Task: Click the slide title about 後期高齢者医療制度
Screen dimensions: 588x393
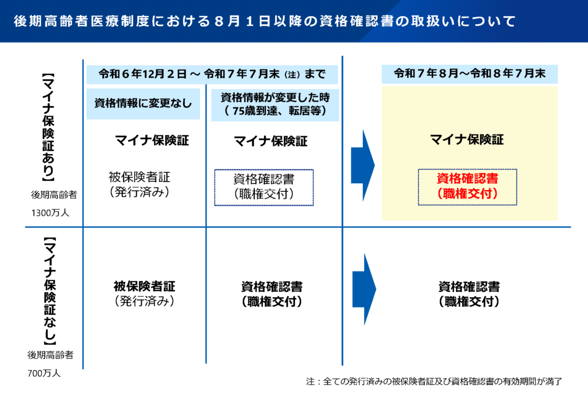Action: coord(265,21)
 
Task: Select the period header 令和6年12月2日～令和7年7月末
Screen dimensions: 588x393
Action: coord(212,74)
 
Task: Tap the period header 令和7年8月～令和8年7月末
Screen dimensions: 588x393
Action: coord(470,74)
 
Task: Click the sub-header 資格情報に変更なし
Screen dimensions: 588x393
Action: coord(143,103)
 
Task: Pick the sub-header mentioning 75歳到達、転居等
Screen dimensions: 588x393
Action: coord(275,105)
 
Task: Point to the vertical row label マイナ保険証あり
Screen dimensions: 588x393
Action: coord(48,127)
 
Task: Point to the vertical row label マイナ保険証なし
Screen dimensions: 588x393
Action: coord(49,291)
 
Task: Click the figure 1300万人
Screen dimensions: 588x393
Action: coord(51,213)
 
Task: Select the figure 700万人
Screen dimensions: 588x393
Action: coord(44,373)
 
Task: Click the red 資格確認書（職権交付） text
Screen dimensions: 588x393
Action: coord(467,186)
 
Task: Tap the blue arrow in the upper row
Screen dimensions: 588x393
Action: coord(363,165)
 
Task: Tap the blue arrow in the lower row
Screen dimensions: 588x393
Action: coord(363,289)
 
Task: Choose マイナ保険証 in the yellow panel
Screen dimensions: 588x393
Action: coord(467,140)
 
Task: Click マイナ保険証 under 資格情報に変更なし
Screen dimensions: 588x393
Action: coord(152,140)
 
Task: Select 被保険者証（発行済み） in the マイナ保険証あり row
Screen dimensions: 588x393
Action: coord(140,184)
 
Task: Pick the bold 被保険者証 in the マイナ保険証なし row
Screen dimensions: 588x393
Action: coord(144,286)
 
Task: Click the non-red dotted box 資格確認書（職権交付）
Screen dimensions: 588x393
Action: coord(264,187)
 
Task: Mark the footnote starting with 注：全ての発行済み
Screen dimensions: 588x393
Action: coord(434,382)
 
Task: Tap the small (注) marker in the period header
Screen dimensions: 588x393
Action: coord(292,75)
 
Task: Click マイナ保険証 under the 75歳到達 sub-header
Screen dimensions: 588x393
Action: coord(271,141)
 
